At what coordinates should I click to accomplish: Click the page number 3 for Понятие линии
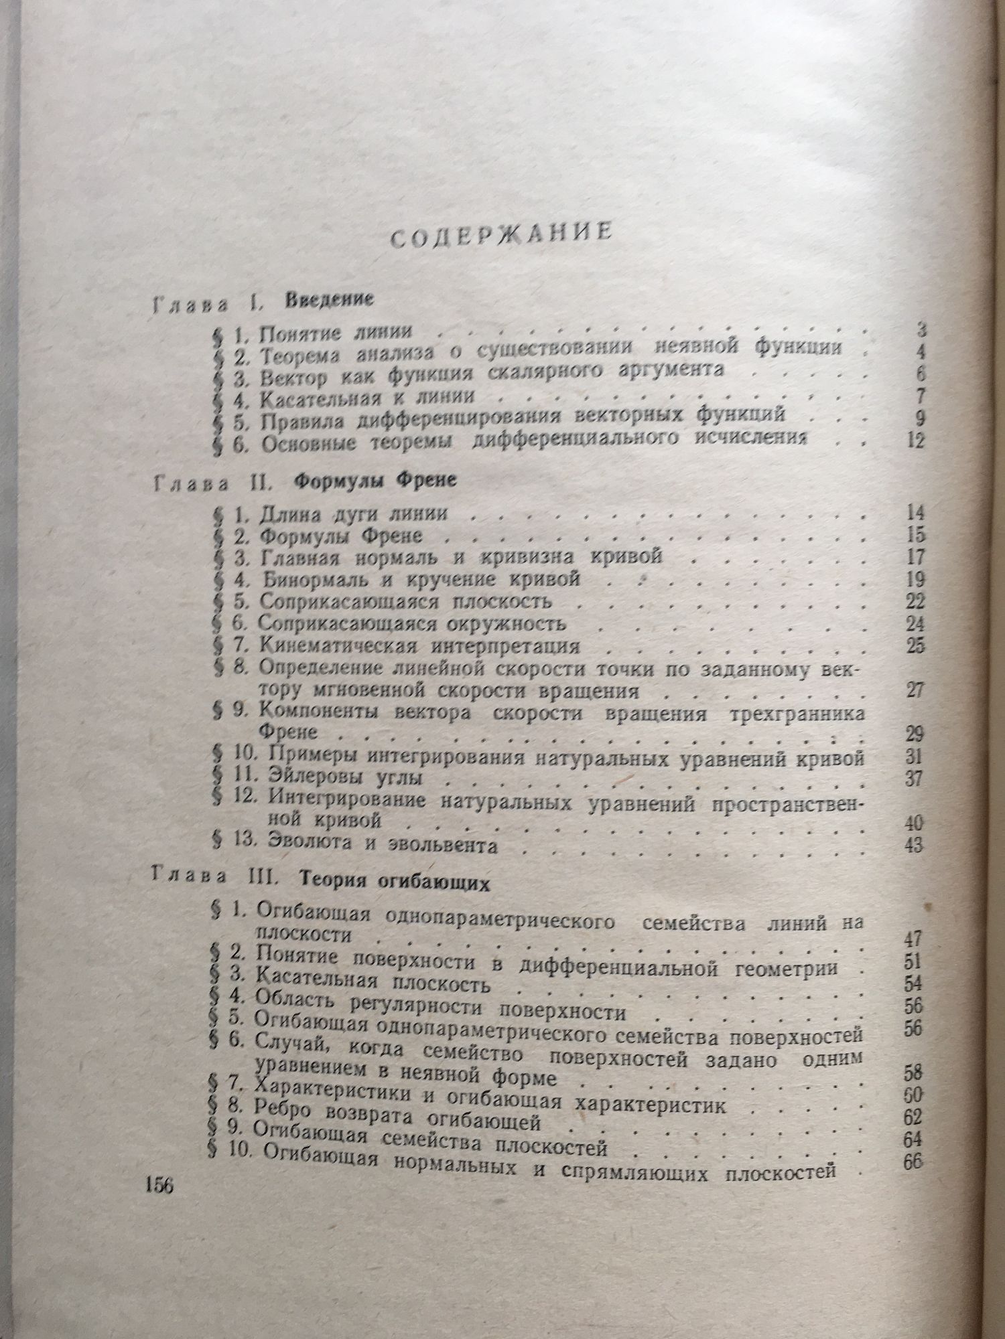click(x=922, y=330)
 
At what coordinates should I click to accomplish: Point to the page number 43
click(x=913, y=845)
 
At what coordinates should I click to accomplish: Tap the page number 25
click(x=914, y=647)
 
